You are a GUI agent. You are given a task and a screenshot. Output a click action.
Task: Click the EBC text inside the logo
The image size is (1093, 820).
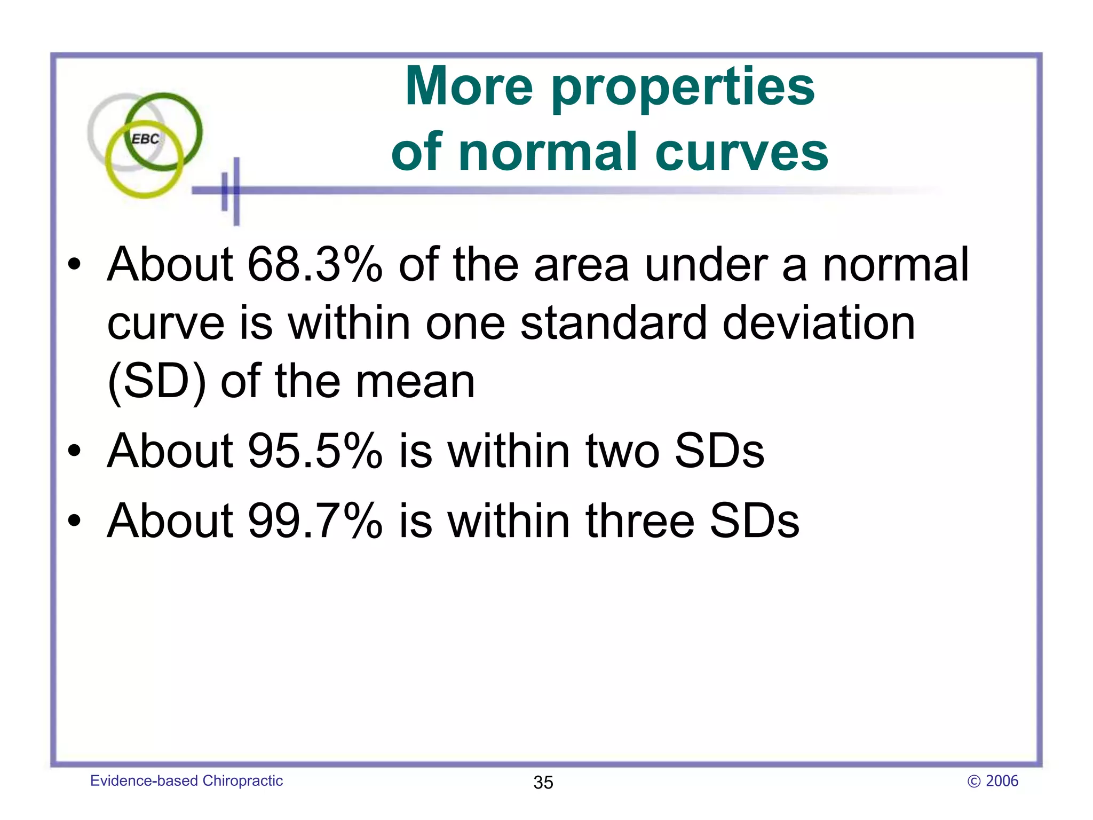[145, 139]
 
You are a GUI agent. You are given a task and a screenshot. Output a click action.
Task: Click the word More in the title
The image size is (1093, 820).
[469, 86]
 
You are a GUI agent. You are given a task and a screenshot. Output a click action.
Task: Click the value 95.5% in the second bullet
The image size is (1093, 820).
[315, 451]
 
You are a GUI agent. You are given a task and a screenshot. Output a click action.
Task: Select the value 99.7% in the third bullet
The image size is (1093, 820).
[315, 521]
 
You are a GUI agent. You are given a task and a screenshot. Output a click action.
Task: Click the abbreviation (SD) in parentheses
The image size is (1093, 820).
[156, 382]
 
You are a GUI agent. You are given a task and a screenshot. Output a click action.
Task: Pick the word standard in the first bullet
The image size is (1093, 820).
[613, 323]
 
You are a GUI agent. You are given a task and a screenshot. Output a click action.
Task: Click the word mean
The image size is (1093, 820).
[415, 382]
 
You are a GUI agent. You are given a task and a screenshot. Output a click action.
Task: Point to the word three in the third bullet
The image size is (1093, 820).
[640, 521]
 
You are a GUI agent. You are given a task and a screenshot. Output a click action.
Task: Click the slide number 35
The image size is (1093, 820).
[543, 783]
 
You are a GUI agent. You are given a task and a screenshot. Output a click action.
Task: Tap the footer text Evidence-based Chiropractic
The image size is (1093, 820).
[186, 780]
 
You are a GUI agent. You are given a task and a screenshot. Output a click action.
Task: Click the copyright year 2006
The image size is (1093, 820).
[1002, 781]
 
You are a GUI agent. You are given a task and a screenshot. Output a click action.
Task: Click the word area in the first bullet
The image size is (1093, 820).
[581, 265]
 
